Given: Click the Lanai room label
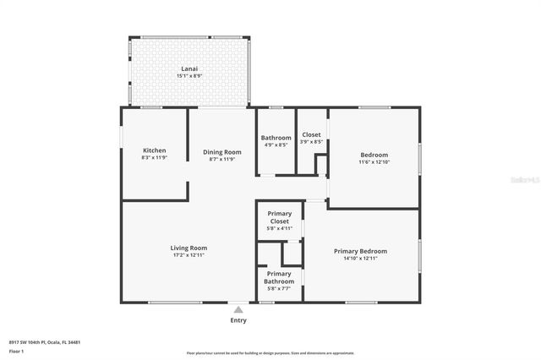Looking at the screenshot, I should point(189,68).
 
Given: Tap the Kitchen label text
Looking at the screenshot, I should point(154,150).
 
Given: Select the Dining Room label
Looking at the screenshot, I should point(222,152).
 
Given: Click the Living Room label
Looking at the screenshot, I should point(189,248).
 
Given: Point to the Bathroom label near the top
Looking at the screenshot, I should point(276,138).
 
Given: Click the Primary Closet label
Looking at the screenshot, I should point(279,217).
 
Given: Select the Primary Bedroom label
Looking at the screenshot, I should point(360,251).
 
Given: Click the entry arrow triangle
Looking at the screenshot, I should point(238,310).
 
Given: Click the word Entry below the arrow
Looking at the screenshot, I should point(238,320).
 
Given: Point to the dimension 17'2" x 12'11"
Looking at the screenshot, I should point(189,254).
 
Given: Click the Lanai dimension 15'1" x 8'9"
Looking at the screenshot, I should point(189,76).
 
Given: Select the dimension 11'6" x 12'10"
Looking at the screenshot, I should point(374,161).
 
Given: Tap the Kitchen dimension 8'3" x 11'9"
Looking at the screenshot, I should point(154,158).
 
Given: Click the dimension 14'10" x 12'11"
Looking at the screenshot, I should point(360,259).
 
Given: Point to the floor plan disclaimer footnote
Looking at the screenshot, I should point(270,352).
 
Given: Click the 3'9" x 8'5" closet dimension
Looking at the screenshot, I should point(311,141).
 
